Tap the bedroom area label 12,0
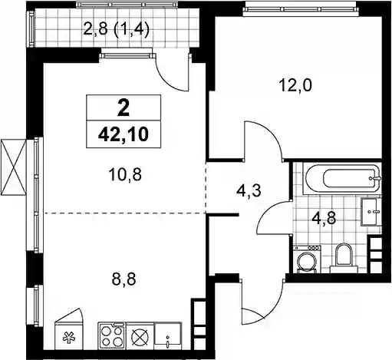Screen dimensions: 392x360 coord(295,86)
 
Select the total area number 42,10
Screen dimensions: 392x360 coord(124,134)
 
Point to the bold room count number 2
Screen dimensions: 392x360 coord(124,107)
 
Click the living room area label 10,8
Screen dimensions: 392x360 coord(125,175)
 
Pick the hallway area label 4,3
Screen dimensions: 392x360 coord(248,190)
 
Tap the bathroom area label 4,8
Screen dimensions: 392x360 coord(323,219)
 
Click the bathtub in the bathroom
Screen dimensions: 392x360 coord(342,178)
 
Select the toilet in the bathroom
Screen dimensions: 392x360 coord(344,258)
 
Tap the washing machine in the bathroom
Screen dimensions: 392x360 coord(308,259)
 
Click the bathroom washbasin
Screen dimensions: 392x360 coord(371,212)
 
